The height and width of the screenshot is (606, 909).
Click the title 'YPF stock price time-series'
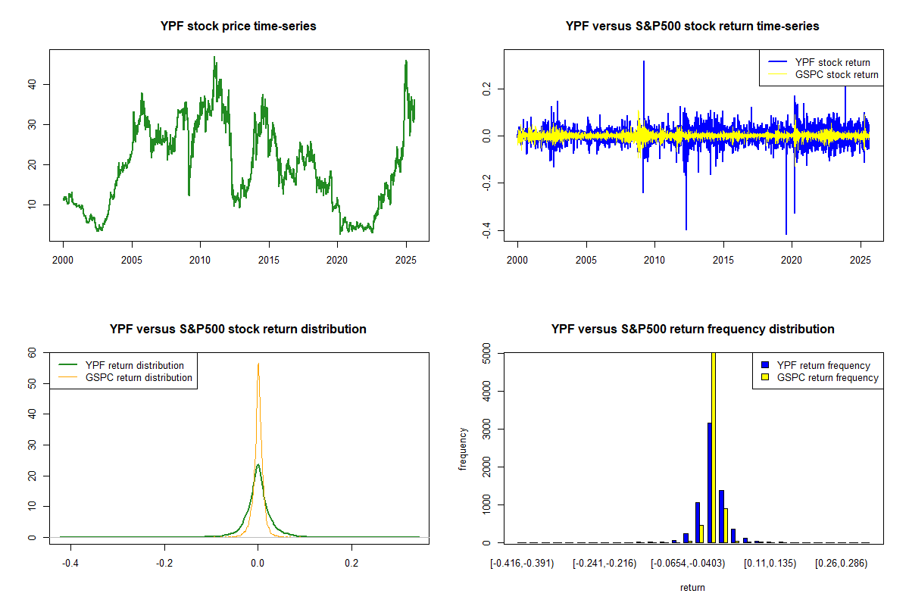coord(239,27)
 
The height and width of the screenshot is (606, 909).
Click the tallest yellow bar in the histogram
coord(714,447)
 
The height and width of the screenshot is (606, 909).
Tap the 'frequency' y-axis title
coord(463,448)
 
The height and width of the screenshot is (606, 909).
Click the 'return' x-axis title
coord(692,587)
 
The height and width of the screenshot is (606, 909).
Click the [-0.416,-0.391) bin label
coord(522,564)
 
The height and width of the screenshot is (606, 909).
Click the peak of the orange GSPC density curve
coord(258,364)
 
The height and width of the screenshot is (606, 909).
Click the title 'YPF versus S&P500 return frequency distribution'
coord(692,330)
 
